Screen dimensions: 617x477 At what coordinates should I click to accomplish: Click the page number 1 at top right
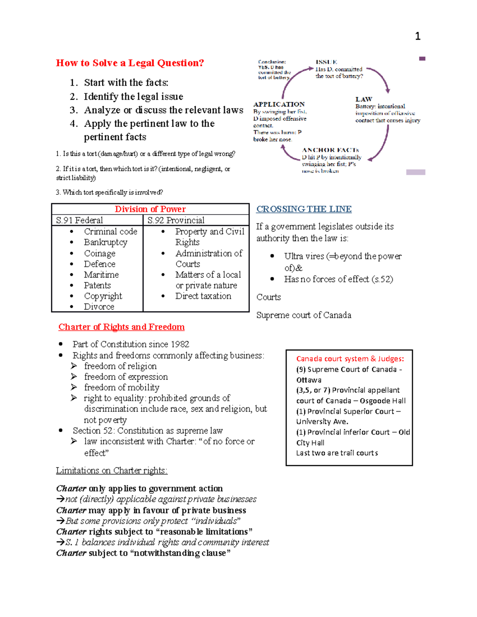[417, 37]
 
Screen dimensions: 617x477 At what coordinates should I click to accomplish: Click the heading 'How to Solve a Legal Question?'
[130, 63]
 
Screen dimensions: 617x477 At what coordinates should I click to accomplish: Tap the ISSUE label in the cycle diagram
[326, 62]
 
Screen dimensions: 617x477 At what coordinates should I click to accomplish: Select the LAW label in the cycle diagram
[363, 99]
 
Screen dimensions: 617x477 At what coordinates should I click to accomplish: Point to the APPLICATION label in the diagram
[279, 104]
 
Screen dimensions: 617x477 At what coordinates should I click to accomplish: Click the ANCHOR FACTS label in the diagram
[330, 150]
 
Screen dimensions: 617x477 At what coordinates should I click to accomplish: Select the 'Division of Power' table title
[150, 209]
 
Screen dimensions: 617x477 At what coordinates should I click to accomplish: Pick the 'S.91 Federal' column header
[79, 220]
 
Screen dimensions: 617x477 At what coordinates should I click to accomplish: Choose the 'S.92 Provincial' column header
[176, 220]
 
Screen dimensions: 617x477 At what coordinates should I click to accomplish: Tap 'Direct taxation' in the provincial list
[203, 296]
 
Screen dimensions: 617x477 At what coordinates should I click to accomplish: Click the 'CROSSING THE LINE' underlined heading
[304, 209]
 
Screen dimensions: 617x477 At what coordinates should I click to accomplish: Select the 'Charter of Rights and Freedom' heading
[121, 327]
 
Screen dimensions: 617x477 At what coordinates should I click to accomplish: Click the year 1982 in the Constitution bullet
[180, 344]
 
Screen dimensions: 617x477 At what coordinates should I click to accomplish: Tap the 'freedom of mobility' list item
[121, 387]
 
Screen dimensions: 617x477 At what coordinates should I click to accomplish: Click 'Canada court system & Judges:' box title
[350, 359]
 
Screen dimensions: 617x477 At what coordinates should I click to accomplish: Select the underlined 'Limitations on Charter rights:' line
[112, 470]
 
